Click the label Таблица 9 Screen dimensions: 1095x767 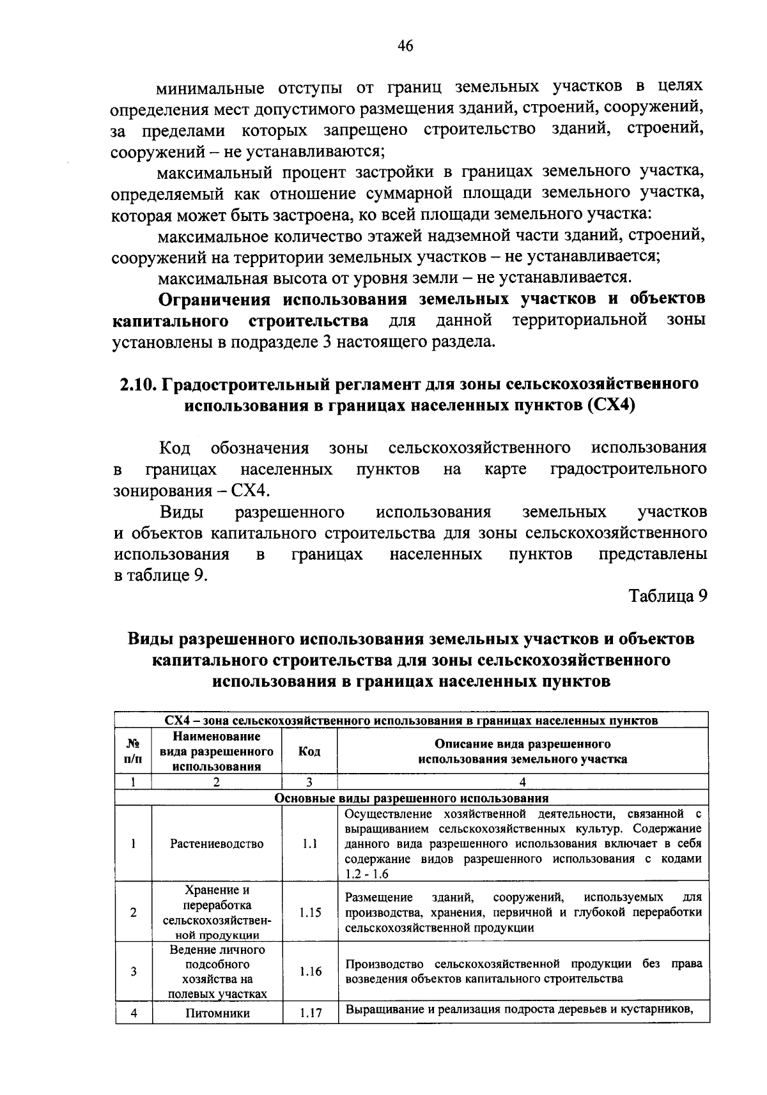tap(669, 596)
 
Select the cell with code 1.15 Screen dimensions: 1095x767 tap(309, 913)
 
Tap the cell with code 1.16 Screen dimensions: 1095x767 tap(309, 972)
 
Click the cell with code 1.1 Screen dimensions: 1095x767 tap(309, 844)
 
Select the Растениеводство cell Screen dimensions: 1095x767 tap(217, 844)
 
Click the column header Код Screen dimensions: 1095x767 tap(309, 751)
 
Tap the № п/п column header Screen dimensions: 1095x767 tap(134, 751)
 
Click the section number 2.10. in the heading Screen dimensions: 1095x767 tap(138, 385)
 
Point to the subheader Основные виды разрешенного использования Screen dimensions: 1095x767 tap(411, 798)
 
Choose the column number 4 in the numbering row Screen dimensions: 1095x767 tap(522, 782)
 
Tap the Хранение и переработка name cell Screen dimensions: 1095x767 tap(217, 913)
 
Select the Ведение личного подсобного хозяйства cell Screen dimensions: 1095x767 tap(217, 972)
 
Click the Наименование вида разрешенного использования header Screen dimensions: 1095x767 tap(217, 751)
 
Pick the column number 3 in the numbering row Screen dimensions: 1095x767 tap(309, 782)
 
